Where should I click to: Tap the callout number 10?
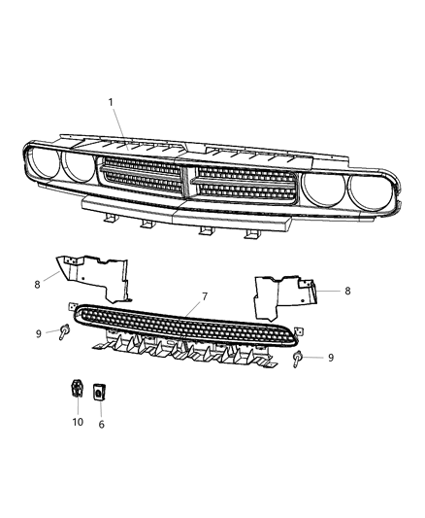click(x=78, y=422)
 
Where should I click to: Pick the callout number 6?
click(x=102, y=424)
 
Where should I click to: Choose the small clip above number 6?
click(x=100, y=394)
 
